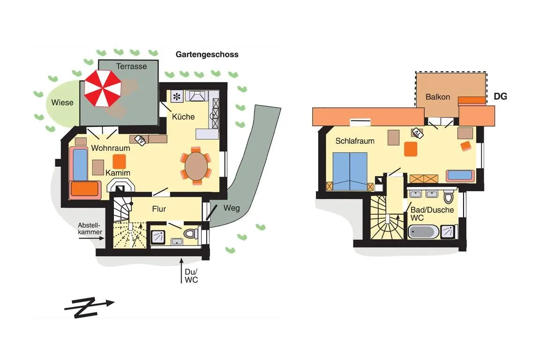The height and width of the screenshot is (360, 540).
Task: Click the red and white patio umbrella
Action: click(x=103, y=89)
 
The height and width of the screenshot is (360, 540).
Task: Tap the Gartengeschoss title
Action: click(x=207, y=54)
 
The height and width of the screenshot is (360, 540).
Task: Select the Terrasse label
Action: click(x=132, y=67)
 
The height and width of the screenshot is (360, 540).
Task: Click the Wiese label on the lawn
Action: click(x=62, y=103)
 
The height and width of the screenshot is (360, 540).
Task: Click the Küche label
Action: click(x=183, y=117)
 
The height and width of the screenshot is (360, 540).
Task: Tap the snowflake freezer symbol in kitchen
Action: click(x=177, y=97)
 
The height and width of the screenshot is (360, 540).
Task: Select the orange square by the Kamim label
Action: click(x=120, y=161)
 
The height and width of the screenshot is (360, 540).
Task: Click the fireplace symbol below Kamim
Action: click(x=120, y=187)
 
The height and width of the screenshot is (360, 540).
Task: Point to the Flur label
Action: click(x=159, y=209)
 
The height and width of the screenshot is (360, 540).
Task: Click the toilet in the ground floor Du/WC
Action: click(x=191, y=234)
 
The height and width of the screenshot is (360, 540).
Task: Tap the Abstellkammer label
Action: click(x=90, y=229)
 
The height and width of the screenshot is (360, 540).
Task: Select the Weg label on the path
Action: click(x=232, y=209)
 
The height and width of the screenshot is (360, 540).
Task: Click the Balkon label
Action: click(x=438, y=97)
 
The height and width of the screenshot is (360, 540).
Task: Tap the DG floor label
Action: click(x=501, y=97)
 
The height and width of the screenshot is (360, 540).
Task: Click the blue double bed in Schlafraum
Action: click(x=350, y=171)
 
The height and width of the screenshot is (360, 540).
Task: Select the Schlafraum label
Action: click(x=355, y=141)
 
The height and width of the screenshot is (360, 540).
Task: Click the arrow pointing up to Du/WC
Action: click(x=181, y=270)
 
